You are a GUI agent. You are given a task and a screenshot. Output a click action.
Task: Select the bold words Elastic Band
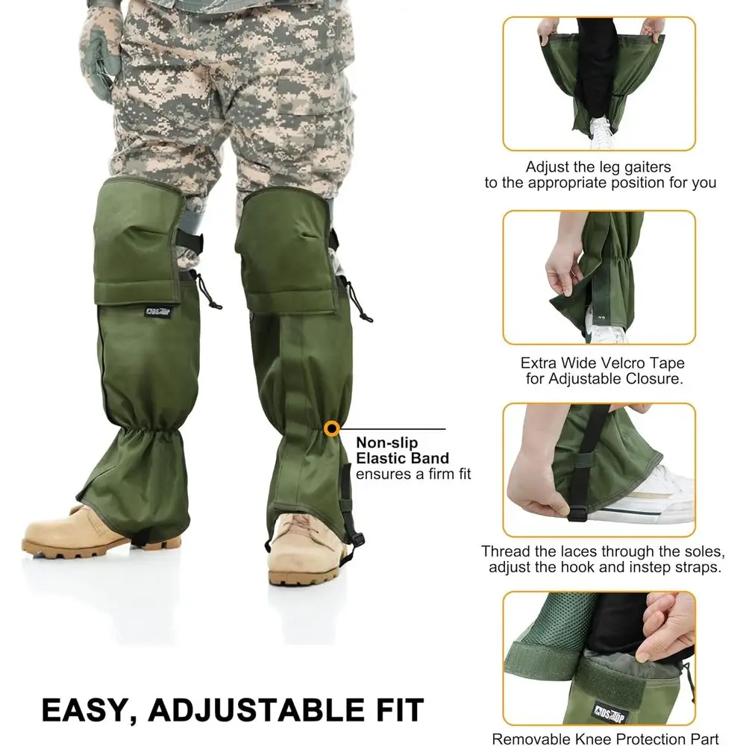pos(403,458)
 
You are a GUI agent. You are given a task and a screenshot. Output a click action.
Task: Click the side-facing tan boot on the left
pos(71,530)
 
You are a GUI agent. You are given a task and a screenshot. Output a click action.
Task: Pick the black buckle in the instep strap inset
pos(577,513)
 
